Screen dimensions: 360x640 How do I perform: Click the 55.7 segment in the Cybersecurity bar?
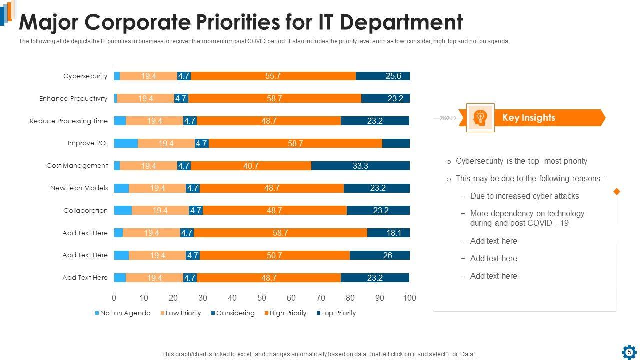click(x=273, y=76)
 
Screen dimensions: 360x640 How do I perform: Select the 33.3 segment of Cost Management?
click(x=360, y=166)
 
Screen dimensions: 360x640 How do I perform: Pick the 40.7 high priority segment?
click(x=251, y=166)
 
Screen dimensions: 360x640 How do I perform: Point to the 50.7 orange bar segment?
click(x=274, y=255)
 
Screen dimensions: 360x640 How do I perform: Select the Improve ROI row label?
click(x=88, y=143)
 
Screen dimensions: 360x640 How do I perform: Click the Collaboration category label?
click(x=85, y=210)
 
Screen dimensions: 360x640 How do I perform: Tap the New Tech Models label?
click(x=79, y=188)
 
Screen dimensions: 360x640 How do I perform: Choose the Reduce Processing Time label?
click(x=69, y=121)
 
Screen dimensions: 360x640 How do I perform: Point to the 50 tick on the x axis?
click(x=262, y=298)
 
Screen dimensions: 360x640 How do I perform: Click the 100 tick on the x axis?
click(x=409, y=298)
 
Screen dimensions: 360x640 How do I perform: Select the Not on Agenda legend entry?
click(x=123, y=313)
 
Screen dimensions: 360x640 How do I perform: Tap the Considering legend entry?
click(x=233, y=313)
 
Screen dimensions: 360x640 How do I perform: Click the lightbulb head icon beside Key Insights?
click(x=480, y=118)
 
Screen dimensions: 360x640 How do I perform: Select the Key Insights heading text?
click(x=528, y=118)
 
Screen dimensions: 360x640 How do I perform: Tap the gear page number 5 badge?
click(x=629, y=352)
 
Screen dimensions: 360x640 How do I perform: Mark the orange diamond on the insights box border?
click(x=616, y=192)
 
